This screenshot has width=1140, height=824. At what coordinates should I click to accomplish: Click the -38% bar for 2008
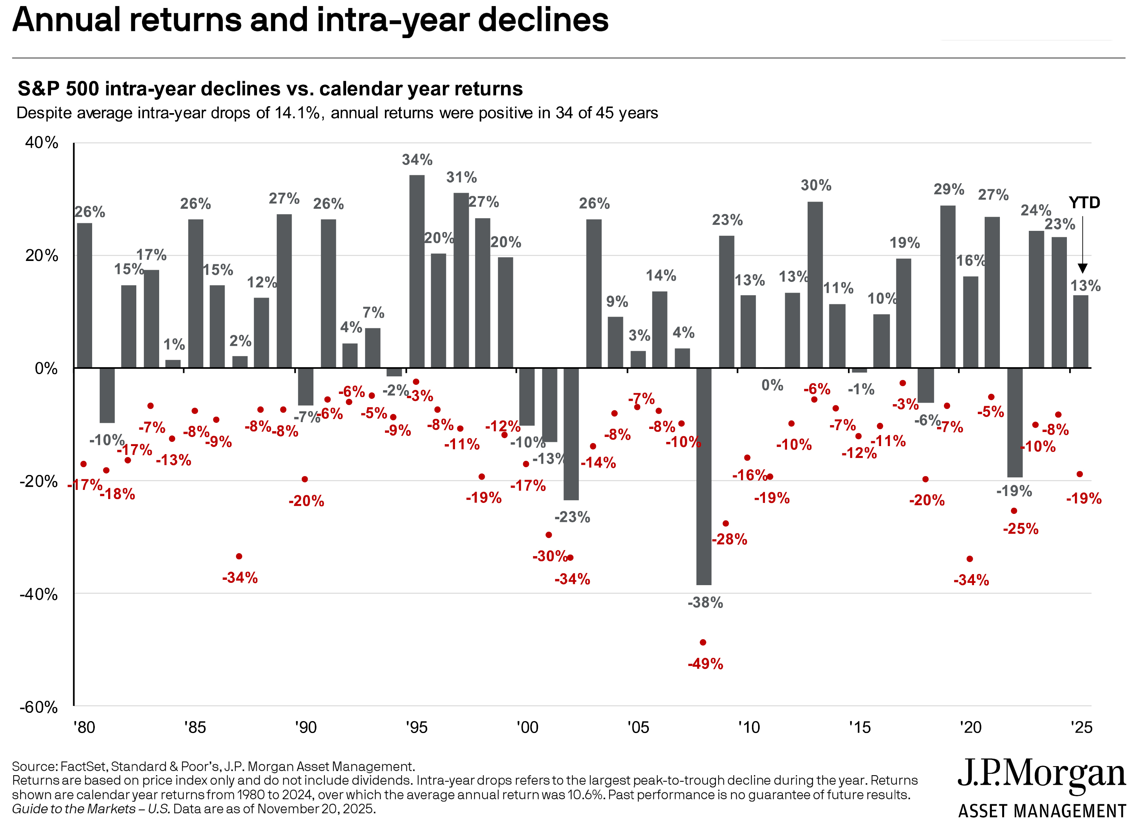703,476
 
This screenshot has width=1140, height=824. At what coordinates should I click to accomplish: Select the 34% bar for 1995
417,272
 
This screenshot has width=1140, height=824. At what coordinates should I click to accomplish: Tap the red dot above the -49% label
703,643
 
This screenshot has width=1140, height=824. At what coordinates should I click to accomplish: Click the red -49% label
705,664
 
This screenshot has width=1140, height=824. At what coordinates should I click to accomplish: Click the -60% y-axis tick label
39,707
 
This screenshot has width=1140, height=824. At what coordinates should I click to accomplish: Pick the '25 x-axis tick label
1081,728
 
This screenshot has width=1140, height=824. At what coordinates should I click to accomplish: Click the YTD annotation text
1084,203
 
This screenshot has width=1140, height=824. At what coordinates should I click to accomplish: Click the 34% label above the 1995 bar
417,160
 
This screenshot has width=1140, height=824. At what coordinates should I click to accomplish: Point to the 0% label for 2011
772,386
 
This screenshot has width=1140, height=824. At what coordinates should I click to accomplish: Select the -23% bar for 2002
571,434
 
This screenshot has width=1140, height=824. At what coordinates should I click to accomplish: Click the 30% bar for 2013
815,285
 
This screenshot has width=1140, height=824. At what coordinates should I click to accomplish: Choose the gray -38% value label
705,602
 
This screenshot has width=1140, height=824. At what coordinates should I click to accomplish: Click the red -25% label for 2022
1020,529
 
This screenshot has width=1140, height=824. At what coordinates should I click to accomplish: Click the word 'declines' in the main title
543,20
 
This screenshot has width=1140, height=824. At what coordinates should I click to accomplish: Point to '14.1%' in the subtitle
297,113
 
